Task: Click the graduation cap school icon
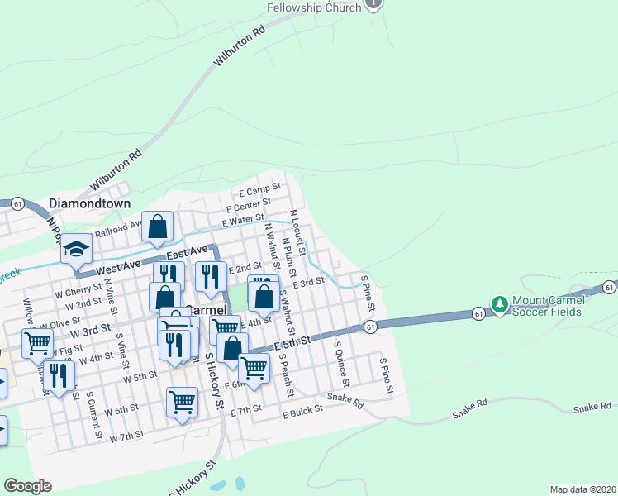coord(76,248)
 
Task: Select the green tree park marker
coord(499,305)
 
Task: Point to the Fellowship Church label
coord(314,7)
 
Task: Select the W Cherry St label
coord(78,292)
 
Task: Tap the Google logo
coord(27,486)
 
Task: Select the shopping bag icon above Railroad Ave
coord(157,226)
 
